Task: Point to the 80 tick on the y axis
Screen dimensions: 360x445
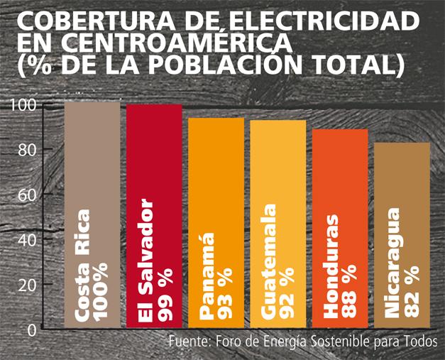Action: click(29, 150)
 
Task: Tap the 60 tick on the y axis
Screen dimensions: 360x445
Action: click(29, 195)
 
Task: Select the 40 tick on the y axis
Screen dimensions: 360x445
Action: click(29, 239)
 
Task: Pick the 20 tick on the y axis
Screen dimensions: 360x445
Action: click(29, 284)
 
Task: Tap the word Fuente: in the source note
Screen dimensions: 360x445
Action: click(189, 341)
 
